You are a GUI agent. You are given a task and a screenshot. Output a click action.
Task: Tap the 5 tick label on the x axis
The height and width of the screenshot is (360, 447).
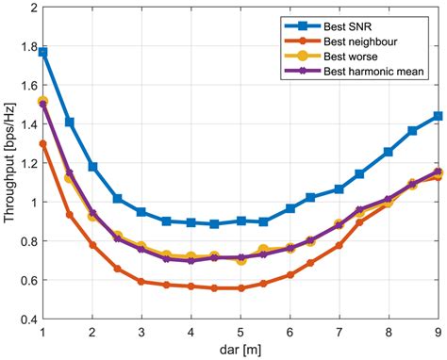pyautogui.click(x=240, y=332)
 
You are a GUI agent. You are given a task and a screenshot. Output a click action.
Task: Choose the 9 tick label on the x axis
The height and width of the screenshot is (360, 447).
pyautogui.click(x=438, y=332)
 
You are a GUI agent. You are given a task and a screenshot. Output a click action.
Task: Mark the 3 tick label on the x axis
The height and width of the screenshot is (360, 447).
pyautogui.click(x=141, y=332)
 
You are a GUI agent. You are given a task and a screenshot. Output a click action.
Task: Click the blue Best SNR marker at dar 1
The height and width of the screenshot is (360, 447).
pyautogui.click(x=43, y=52)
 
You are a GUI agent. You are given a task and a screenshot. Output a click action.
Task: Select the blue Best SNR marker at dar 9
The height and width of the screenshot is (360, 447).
pyautogui.click(x=438, y=116)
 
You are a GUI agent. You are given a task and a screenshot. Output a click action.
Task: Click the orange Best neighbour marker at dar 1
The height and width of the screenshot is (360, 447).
pyautogui.click(x=43, y=143)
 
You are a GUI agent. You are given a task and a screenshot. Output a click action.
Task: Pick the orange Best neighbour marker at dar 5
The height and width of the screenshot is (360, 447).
pyautogui.click(x=240, y=287)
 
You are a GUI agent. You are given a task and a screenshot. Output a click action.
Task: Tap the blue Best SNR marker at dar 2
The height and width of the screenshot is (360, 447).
pyautogui.click(x=92, y=166)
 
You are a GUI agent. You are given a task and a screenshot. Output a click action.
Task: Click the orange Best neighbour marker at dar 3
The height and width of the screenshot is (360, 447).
pyautogui.click(x=141, y=281)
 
